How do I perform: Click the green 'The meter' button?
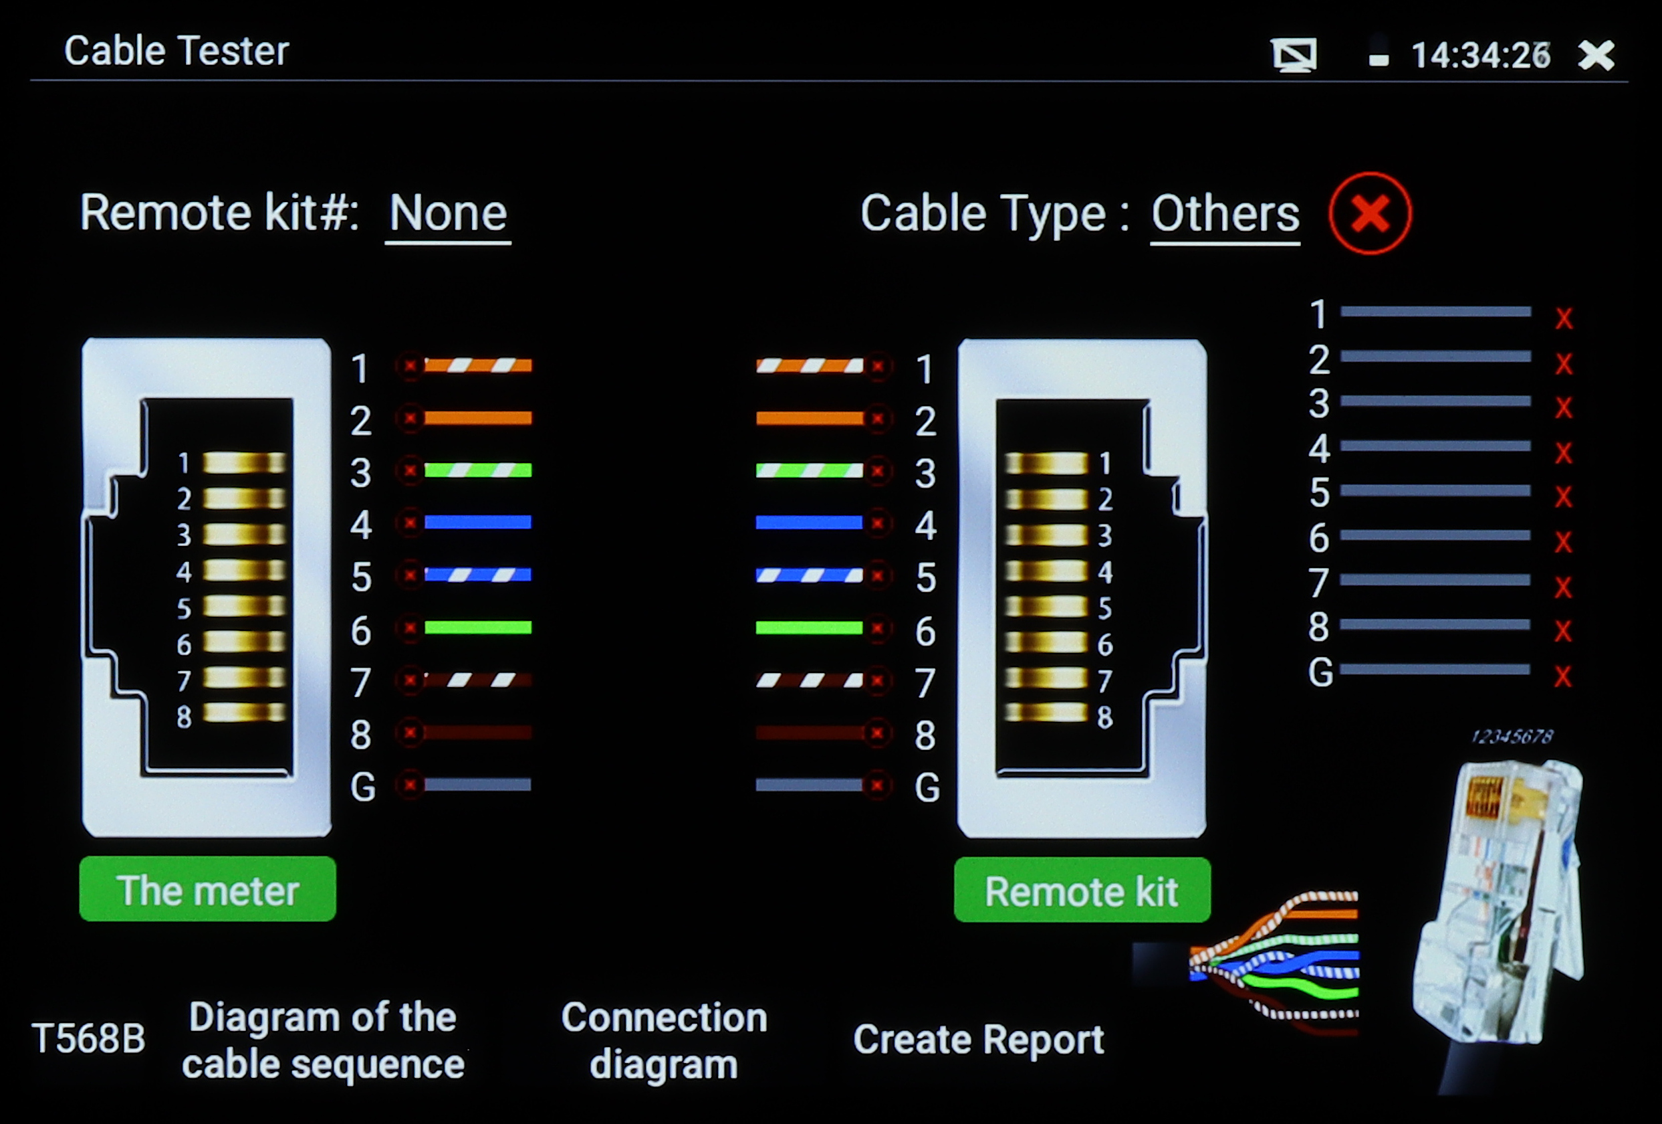(x=207, y=889)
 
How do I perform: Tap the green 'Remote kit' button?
(x=1081, y=891)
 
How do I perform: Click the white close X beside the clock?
(x=1596, y=55)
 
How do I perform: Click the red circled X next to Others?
(x=1369, y=213)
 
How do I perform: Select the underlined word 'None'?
(x=448, y=213)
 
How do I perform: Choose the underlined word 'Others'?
(x=1225, y=213)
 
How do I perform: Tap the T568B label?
(x=89, y=1038)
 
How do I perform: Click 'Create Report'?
(x=978, y=1039)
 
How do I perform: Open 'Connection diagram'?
(x=664, y=1040)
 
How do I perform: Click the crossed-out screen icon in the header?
(x=1294, y=55)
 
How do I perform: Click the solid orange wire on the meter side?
(x=478, y=418)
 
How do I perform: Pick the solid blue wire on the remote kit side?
(x=809, y=523)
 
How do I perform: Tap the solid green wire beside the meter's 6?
(x=478, y=628)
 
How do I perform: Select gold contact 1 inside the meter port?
(x=244, y=463)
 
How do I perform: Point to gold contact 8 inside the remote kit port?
(x=1046, y=713)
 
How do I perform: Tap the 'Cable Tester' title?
(x=176, y=51)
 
